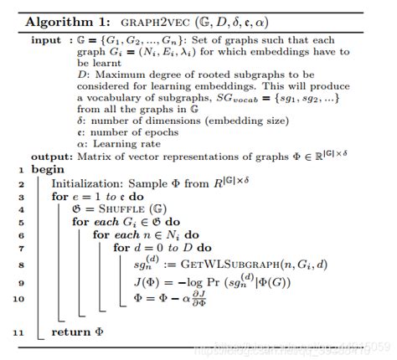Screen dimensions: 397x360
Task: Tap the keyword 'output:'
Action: (x=53, y=157)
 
